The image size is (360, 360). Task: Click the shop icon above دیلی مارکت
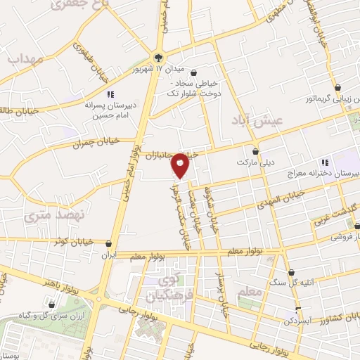[x=255, y=151]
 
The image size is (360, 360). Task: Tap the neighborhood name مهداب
[x=26, y=59]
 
